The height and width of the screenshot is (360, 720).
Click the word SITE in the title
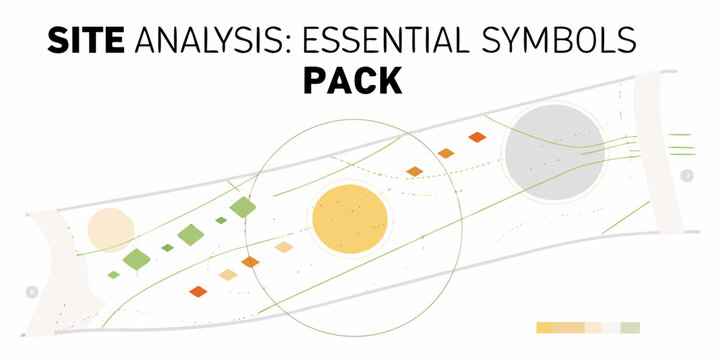(86, 40)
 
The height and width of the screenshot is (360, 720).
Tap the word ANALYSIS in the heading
(210, 40)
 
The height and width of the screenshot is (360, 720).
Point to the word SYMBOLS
(570, 40)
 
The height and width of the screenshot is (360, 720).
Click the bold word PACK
(352, 81)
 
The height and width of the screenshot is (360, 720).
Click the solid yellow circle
(350, 220)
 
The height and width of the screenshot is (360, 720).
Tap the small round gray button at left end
(31, 292)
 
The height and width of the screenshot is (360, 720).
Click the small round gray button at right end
(687, 176)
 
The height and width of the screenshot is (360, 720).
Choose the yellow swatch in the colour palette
(545, 328)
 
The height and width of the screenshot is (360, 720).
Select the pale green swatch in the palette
(629, 328)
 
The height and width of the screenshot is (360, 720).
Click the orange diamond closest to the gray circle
(477, 137)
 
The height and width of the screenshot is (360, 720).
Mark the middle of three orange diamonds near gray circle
(446, 153)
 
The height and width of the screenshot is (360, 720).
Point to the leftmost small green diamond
(114, 274)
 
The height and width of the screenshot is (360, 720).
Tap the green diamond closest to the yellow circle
(243, 207)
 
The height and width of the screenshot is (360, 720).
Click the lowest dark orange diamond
(198, 292)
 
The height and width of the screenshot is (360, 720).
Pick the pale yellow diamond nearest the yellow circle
(284, 247)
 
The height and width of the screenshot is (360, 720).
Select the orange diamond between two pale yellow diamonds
(250, 262)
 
